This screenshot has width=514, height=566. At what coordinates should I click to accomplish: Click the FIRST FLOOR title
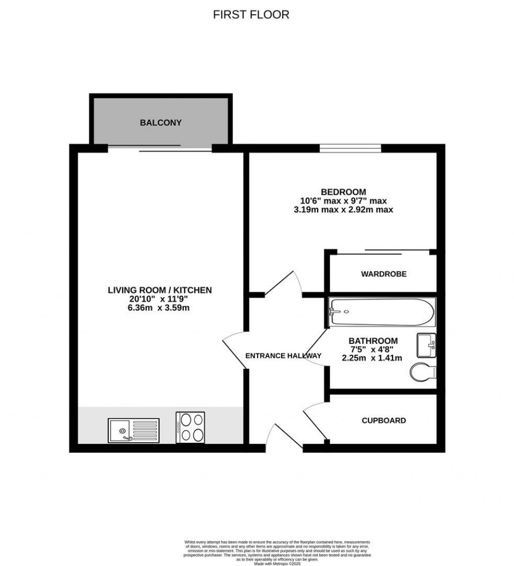(x=251, y=15)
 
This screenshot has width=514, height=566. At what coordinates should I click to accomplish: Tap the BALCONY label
(x=161, y=123)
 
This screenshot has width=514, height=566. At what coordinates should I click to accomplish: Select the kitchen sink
(x=133, y=430)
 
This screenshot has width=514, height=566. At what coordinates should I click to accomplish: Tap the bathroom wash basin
(x=427, y=345)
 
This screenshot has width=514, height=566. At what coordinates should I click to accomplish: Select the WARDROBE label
(x=383, y=274)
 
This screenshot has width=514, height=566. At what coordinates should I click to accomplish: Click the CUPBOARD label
(x=384, y=420)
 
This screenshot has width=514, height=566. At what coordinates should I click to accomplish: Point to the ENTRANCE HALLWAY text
(x=283, y=356)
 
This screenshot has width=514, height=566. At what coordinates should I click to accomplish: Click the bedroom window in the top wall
(x=350, y=148)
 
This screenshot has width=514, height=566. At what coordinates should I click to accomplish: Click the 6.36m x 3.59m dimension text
(x=159, y=308)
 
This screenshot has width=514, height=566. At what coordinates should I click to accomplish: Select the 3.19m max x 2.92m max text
(x=343, y=209)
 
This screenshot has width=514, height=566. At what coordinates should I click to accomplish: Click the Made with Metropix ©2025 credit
(x=277, y=564)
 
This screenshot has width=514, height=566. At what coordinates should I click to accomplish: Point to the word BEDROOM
(x=343, y=192)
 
